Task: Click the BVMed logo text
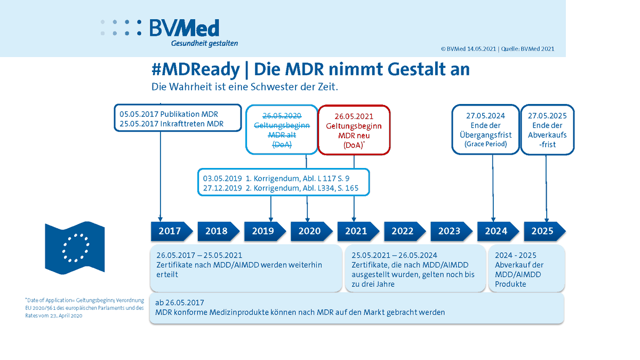coord(185,28)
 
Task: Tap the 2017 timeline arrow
coord(169,231)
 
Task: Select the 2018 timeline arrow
coord(216,231)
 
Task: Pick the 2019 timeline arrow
coord(262,231)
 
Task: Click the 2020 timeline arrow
coord(309,231)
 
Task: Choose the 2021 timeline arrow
coord(356,231)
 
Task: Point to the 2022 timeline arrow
coord(403,231)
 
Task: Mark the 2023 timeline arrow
coord(449,231)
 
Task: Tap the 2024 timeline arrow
coord(495,231)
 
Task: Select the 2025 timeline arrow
coord(542,231)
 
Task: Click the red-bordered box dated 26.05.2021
coord(354,130)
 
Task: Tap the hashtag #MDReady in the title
coord(195,69)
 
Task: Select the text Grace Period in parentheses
coord(485,144)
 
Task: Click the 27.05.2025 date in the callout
coord(547,116)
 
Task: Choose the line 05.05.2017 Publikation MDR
coord(169,114)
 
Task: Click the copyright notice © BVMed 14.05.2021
coord(468,49)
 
